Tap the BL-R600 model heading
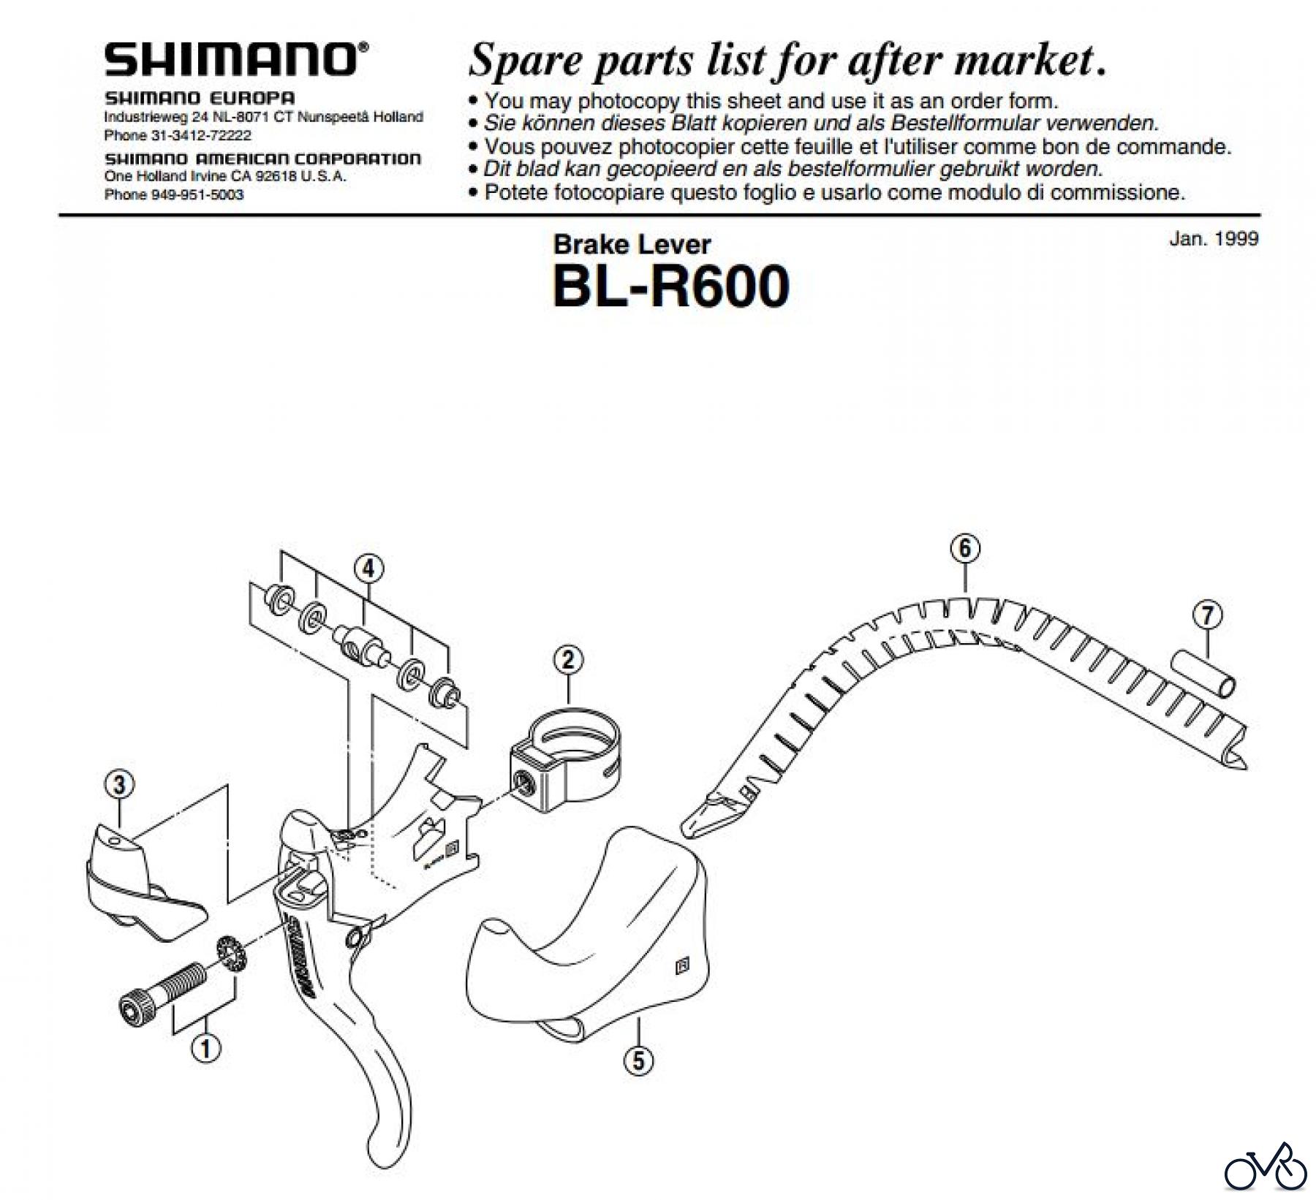pos(671,287)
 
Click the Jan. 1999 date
pos(1214,239)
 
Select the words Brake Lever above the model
pos(632,244)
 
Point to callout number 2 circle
pos(568,661)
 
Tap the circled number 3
pos(120,785)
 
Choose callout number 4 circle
pos(368,569)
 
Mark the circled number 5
pos(638,1060)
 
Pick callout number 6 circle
pos(965,548)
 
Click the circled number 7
pos(1207,615)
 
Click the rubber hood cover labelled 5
pos(592,935)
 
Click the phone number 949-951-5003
pos(197,195)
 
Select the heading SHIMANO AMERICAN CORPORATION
pos(262,159)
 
